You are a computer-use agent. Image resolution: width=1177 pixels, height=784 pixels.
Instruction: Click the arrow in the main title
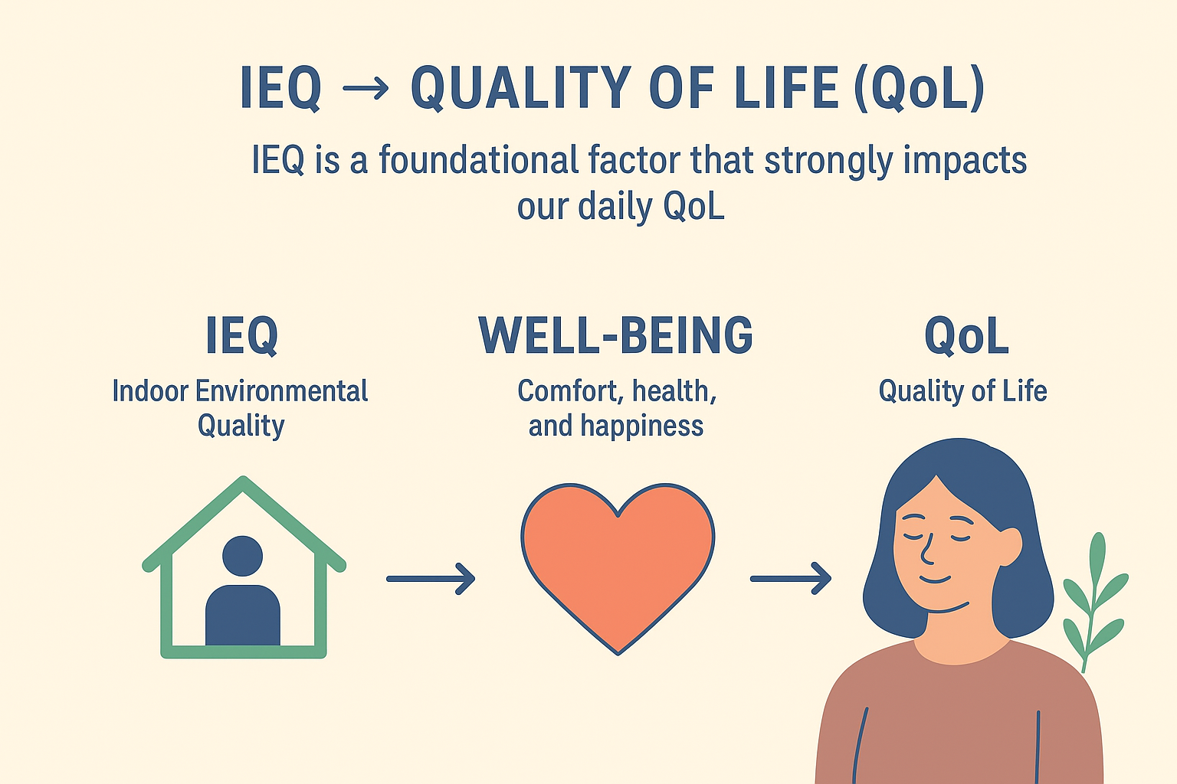click(366, 88)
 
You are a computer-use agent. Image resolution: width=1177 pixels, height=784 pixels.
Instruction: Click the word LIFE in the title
click(786, 88)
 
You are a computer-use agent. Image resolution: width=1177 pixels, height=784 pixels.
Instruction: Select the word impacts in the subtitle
click(965, 161)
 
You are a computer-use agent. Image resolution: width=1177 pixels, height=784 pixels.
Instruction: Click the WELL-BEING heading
click(616, 335)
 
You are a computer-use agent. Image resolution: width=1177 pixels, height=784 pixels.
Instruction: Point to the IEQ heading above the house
click(241, 335)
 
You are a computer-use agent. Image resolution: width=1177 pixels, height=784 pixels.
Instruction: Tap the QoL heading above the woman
click(966, 335)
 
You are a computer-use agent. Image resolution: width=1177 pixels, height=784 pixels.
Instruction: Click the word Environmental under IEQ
click(282, 391)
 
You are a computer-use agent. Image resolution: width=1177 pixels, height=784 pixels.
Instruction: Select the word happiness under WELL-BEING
click(641, 426)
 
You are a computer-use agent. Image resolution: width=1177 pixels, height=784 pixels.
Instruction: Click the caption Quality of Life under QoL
click(962, 392)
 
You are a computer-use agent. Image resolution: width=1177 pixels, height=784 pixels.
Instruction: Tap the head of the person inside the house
click(242, 556)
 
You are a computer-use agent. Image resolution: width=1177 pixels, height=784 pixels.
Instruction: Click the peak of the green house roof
click(243, 479)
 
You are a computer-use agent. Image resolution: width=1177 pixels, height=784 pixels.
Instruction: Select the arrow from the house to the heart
click(431, 579)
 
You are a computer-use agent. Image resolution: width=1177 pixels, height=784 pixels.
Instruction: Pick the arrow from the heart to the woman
click(791, 579)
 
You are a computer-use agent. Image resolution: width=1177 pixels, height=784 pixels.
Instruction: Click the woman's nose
click(927, 550)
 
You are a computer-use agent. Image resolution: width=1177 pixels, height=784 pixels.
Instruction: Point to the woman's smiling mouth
click(935, 580)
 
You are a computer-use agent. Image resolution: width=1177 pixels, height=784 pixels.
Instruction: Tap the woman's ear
click(1010, 547)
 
